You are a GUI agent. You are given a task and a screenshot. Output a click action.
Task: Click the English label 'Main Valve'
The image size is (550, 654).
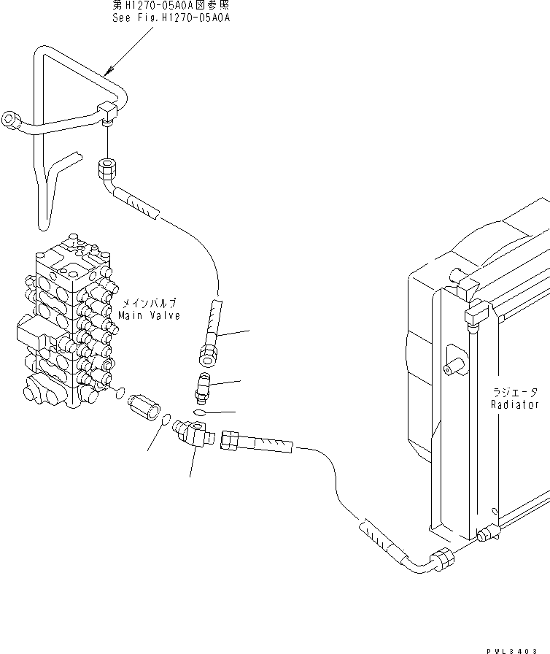tap(149, 315)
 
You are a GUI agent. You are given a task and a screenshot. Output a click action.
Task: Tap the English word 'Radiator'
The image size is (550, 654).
tap(514, 404)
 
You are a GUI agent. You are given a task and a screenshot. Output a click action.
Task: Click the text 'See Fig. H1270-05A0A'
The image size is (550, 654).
tap(171, 18)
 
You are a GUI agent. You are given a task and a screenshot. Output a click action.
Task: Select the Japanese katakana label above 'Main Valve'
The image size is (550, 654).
tap(148, 303)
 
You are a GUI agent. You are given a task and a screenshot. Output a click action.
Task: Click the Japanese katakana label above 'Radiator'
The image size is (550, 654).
tap(515, 393)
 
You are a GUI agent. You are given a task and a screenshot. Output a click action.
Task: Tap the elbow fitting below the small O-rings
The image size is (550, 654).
tap(192, 434)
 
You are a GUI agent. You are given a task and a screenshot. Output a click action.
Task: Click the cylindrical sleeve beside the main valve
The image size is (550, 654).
tap(144, 406)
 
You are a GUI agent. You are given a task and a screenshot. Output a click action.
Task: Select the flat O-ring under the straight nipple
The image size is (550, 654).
tap(200, 412)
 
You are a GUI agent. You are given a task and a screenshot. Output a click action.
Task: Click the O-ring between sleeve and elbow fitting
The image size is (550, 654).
tap(166, 420)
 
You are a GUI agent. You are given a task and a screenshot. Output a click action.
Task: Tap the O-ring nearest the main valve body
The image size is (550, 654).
tap(120, 393)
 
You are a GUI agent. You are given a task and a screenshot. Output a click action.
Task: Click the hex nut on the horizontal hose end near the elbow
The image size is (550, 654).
tap(230, 440)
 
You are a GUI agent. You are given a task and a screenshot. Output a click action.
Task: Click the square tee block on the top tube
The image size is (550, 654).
tap(107, 112)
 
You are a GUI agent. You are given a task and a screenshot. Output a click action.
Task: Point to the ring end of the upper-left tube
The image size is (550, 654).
tap(11, 119)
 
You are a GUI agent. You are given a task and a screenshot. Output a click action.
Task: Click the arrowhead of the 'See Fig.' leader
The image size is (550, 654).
tap(109, 70)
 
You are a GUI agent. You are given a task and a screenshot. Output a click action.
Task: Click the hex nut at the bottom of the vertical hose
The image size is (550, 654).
tap(208, 355)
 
